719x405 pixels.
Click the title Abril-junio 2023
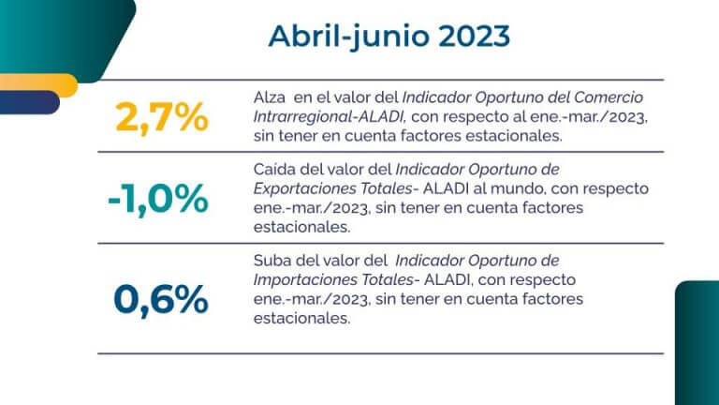(x=389, y=36)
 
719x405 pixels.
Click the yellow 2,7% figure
(x=160, y=118)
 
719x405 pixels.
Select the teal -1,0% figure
(x=156, y=199)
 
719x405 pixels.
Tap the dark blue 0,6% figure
(x=160, y=299)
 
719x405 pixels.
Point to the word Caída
(x=274, y=170)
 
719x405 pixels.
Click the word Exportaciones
(x=303, y=188)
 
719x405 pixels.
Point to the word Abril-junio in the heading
(x=343, y=36)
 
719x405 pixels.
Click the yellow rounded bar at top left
(x=37, y=83)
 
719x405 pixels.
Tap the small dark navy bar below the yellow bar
(x=29, y=104)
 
